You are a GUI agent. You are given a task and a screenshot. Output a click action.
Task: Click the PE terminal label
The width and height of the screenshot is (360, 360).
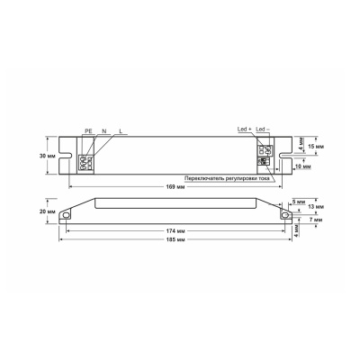(x=88, y=131)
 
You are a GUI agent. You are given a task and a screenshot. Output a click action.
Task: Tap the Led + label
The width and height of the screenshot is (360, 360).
(x=242, y=130)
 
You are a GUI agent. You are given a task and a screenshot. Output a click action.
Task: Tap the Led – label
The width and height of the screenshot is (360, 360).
(x=263, y=130)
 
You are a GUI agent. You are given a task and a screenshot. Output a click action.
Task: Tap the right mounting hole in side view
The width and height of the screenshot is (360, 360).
(x=285, y=217)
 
